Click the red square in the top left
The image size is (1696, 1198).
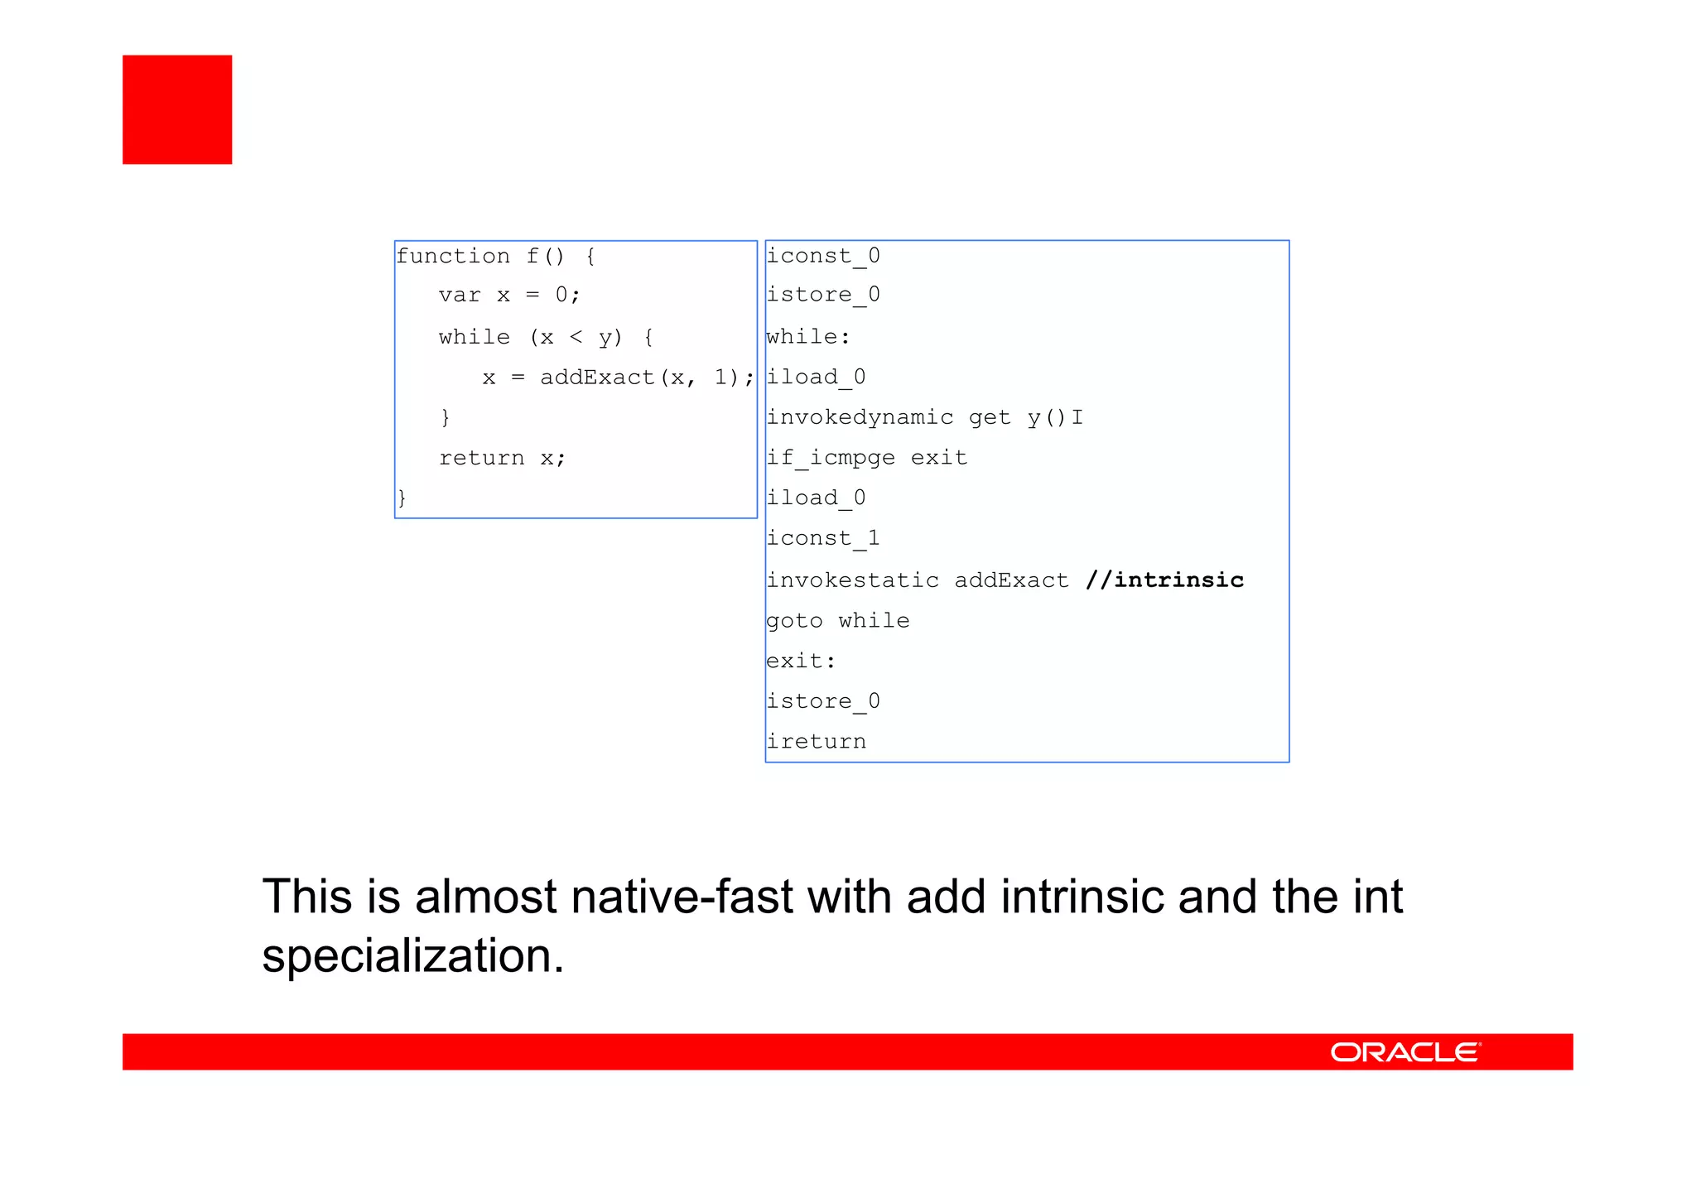coord(177,109)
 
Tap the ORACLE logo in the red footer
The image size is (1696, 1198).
coord(1405,1052)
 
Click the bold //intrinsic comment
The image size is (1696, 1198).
coord(1164,580)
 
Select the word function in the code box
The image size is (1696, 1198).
coord(453,256)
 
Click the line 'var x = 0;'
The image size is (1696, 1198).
coord(509,295)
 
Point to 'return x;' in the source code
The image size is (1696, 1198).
coord(502,458)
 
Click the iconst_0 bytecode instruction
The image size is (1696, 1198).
coord(823,256)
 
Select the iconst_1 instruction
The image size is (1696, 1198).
coord(823,538)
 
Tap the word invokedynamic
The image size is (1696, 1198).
coord(860,416)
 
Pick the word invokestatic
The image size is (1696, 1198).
coord(852,580)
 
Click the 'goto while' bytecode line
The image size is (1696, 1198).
coord(837,620)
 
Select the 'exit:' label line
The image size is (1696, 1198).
coord(801,661)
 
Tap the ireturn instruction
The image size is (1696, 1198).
coord(816,741)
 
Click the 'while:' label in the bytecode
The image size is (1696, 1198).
coord(808,337)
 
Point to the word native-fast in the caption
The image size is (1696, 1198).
coord(682,897)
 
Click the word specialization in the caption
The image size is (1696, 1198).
coord(412,955)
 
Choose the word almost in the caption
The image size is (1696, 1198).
coord(486,897)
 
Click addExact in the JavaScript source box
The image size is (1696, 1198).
coord(597,378)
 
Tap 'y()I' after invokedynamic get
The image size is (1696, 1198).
coord(1054,416)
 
